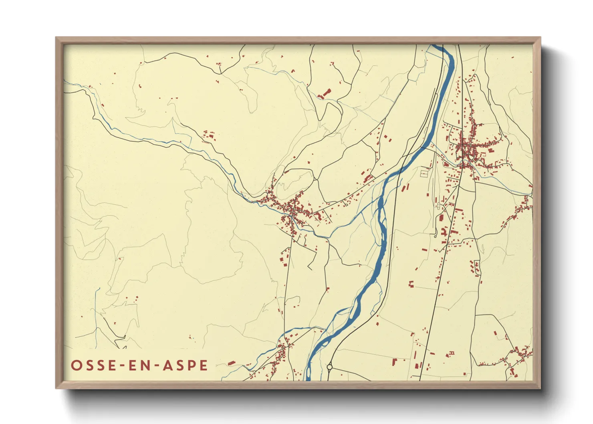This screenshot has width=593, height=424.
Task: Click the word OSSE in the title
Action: tap(90, 365)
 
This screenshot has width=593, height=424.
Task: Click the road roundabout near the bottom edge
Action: tap(330, 367)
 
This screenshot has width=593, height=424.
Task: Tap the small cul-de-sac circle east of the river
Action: tap(436, 236)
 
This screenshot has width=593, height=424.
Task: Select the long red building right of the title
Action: tap(231, 363)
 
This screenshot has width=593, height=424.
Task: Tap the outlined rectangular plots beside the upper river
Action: tap(424, 173)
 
